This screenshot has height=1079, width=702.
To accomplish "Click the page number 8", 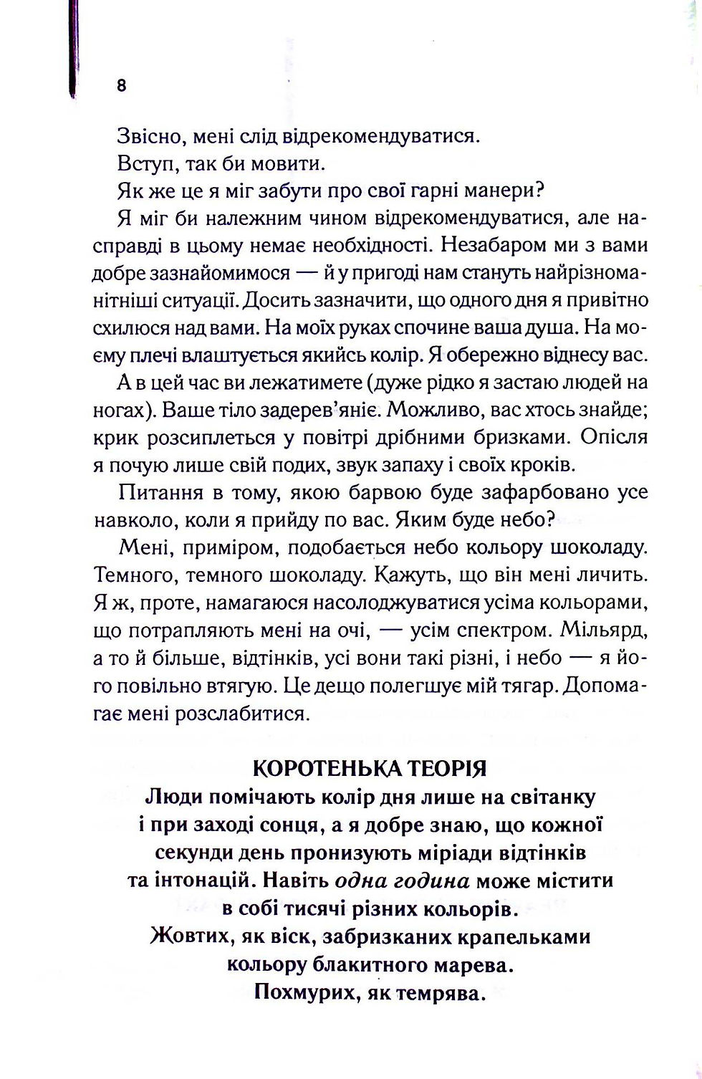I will point(120,85).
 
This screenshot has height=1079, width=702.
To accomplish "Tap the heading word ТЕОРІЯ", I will point(446,769).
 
